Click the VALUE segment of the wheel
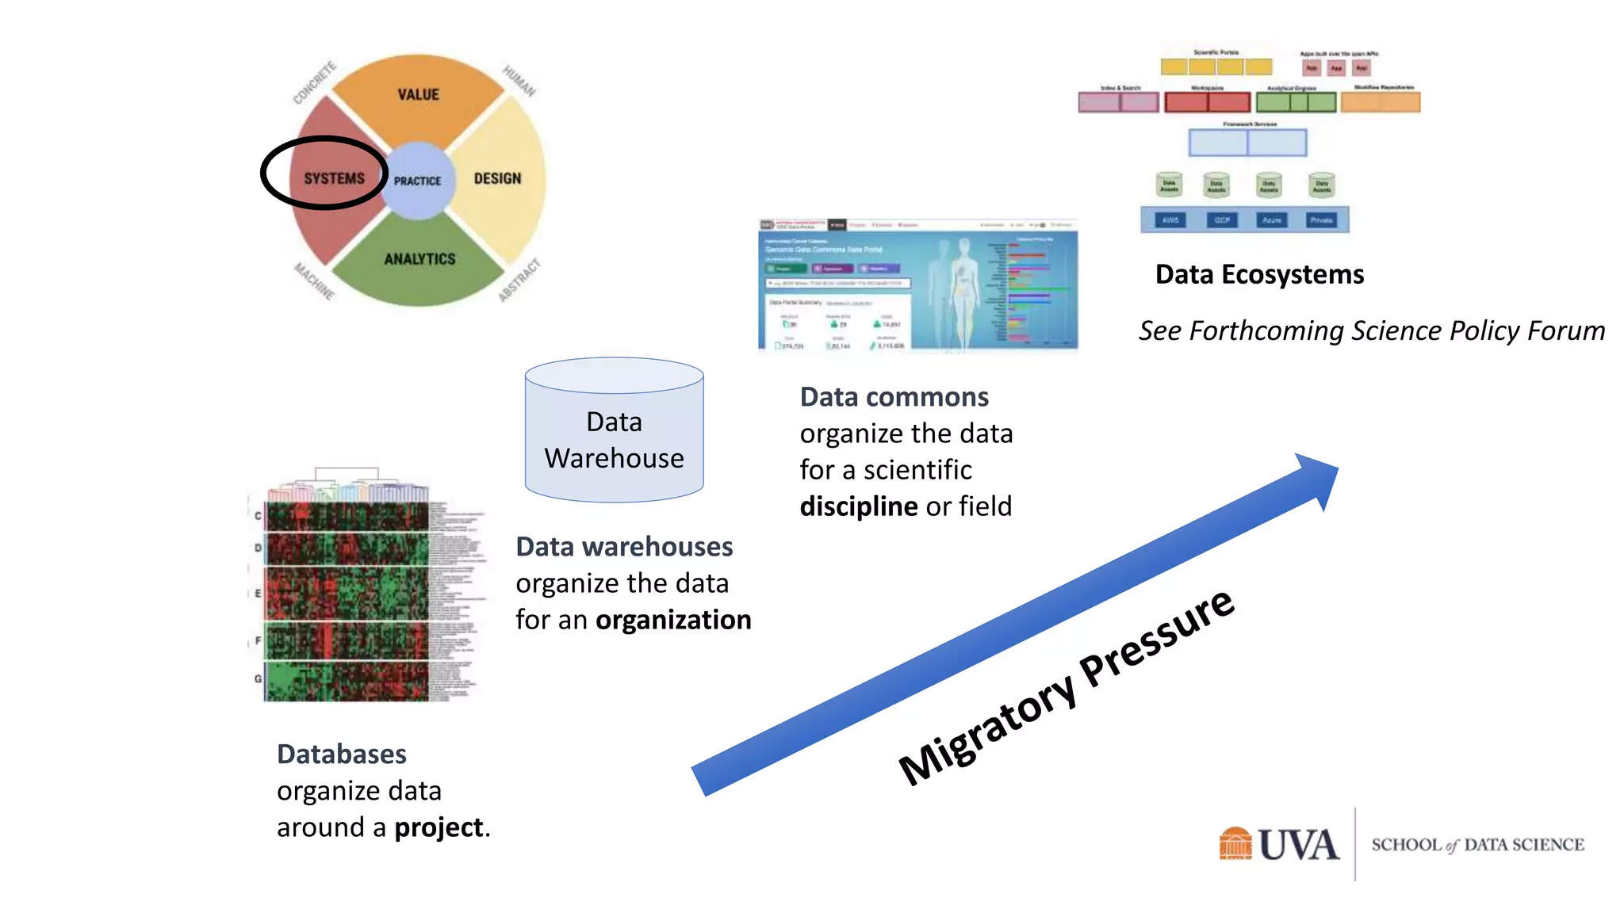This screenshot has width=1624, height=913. (x=418, y=94)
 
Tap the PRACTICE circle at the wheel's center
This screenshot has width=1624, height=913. (x=417, y=181)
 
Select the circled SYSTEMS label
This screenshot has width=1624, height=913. (x=334, y=178)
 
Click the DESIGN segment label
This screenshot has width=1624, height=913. (x=497, y=178)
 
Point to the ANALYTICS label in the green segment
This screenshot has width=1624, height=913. (x=419, y=259)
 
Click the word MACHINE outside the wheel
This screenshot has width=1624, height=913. (x=315, y=281)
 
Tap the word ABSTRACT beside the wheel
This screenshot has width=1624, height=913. (x=519, y=280)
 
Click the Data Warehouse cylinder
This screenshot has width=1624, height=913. (x=614, y=440)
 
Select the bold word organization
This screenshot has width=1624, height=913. (x=672, y=620)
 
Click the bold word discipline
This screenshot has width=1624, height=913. (x=858, y=506)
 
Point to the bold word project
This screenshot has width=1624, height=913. (x=439, y=827)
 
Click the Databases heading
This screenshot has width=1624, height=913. (x=342, y=754)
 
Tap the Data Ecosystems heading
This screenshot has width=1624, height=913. (x=1259, y=274)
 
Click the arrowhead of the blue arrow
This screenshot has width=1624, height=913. (x=1317, y=478)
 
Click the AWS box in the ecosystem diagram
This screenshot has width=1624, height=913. (x=1170, y=220)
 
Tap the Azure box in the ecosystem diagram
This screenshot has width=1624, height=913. (x=1271, y=220)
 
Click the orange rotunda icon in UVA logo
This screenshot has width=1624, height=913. (x=1235, y=843)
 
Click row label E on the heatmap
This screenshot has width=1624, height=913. (x=258, y=593)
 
